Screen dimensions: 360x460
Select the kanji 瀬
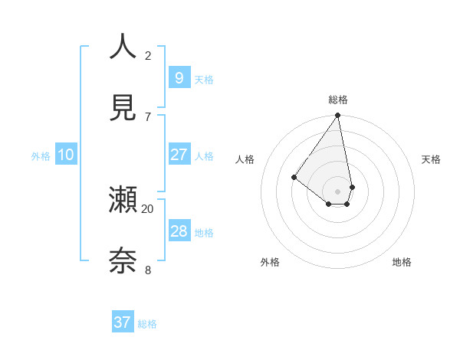(123, 200)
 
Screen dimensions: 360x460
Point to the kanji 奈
(123, 261)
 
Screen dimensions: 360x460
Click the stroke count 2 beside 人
(148, 55)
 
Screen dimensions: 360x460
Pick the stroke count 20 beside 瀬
(148, 208)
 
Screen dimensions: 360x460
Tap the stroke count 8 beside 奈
(148, 270)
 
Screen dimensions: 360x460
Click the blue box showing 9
(179, 77)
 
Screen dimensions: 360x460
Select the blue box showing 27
(179, 154)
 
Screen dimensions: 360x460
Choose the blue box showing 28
(179, 231)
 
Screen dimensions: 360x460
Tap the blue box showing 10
(66, 155)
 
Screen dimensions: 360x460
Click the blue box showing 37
(123, 322)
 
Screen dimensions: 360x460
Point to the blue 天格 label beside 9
(204, 79)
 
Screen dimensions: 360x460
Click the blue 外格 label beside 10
(41, 156)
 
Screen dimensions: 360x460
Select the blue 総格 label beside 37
(147, 324)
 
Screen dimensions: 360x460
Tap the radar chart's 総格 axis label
(338, 100)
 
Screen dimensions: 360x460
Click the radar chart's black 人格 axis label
(245, 159)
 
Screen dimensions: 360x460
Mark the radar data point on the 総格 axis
(337, 116)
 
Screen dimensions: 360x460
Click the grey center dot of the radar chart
(337, 191)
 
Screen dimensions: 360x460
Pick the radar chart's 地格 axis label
(402, 262)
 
